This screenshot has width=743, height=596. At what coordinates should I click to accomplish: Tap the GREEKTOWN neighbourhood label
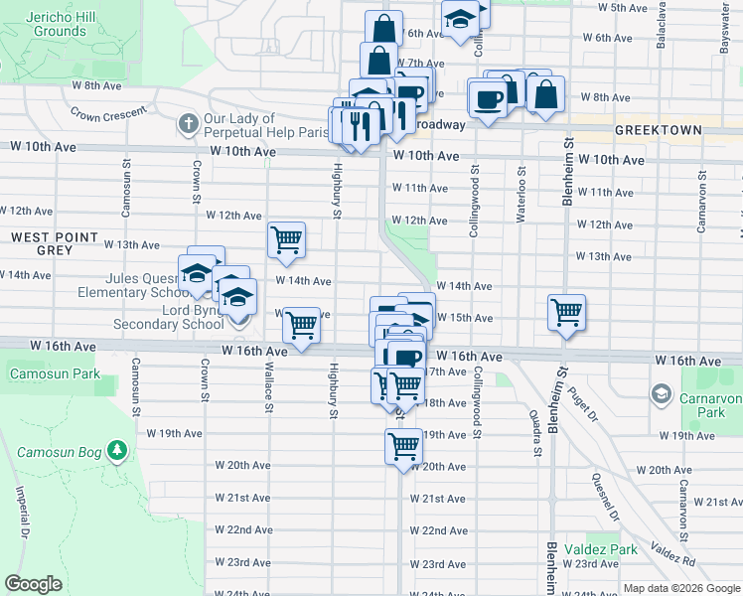pos(657,130)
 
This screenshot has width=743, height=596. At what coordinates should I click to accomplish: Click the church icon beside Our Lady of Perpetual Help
pos(188,124)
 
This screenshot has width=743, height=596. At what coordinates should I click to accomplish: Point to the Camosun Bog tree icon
pos(117,452)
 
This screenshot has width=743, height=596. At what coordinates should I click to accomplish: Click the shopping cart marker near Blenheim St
pos(566,313)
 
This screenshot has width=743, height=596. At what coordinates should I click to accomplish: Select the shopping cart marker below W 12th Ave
pos(286,238)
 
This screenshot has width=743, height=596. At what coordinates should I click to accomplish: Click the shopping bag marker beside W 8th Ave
pos(545,94)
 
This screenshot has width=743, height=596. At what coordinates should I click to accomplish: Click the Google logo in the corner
pos(34,584)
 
